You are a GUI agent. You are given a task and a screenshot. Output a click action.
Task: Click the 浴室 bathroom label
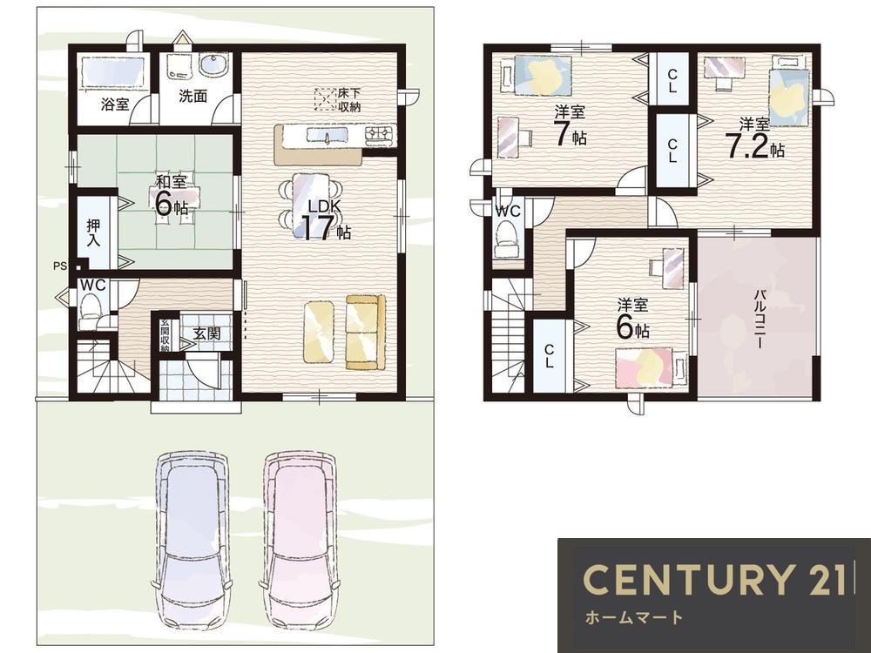(115, 104)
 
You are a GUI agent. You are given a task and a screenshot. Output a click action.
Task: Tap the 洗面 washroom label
(192, 96)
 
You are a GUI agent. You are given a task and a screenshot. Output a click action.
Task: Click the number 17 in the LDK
(317, 227)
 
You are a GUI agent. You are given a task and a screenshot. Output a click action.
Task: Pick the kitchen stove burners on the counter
(379, 133)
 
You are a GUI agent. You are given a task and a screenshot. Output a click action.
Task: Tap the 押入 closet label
(94, 233)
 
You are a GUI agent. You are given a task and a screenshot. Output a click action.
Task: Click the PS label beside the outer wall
(60, 266)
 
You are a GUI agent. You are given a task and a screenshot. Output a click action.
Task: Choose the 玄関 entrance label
(206, 333)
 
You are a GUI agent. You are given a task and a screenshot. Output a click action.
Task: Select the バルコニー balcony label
(759, 319)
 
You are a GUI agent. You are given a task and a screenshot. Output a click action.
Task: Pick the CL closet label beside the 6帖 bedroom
(549, 356)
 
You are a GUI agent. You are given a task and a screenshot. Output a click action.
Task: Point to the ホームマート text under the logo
(634, 617)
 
